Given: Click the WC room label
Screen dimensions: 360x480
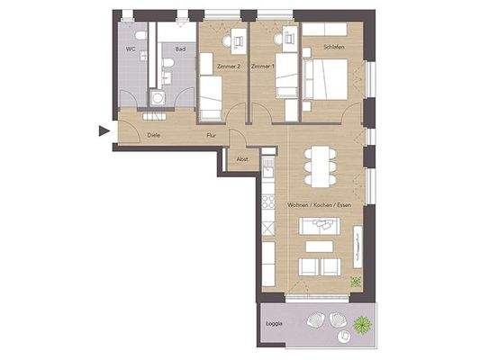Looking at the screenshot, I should (131, 49).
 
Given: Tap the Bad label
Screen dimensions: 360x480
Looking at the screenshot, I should (179, 49).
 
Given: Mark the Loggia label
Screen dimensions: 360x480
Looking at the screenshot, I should (275, 322).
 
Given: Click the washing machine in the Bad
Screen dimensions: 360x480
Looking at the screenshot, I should (159, 98).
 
